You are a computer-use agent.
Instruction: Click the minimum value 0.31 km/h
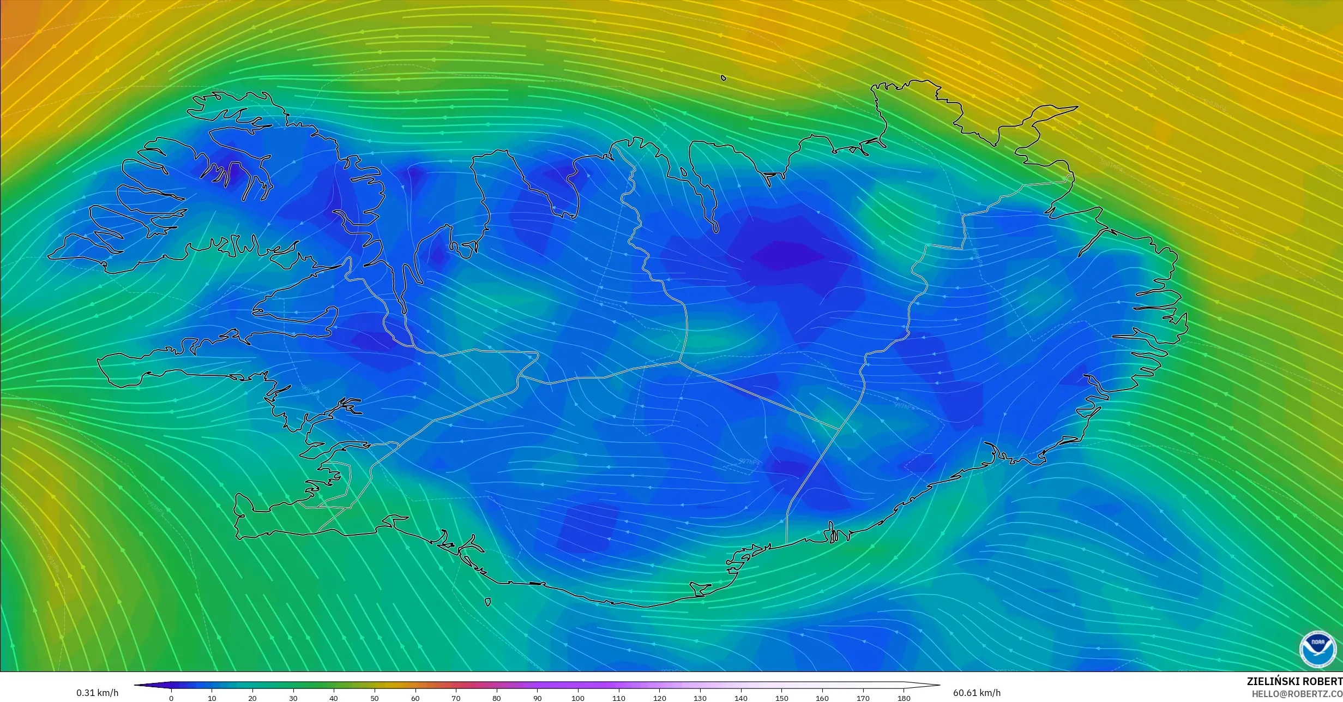click(x=97, y=693)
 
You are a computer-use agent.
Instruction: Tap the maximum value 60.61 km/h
click(x=977, y=693)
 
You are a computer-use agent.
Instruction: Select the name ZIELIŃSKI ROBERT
click(x=1294, y=681)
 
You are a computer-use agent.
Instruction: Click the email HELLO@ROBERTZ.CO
click(x=1297, y=694)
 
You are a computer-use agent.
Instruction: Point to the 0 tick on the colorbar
click(x=171, y=698)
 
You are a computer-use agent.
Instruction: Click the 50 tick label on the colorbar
click(x=375, y=698)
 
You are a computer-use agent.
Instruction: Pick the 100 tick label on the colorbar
click(x=578, y=698)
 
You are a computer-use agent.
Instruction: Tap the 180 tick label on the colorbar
click(x=904, y=698)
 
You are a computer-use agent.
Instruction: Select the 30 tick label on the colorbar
click(x=293, y=698)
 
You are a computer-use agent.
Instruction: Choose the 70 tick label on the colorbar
click(x=456, y=698)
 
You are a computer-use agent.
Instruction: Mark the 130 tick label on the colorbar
click(x=700, y=698)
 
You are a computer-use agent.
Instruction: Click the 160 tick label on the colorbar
click(x=822, y=698)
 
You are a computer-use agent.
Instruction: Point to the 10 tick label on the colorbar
click(x=212, y=698)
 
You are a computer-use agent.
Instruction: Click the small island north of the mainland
click(x=724, y=78)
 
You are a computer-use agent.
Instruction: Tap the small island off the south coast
click(x=487, y=602)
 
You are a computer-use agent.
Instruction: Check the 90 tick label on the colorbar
click(x=538, y=698)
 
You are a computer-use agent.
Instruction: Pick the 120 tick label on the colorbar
click(x=660, y=698)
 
